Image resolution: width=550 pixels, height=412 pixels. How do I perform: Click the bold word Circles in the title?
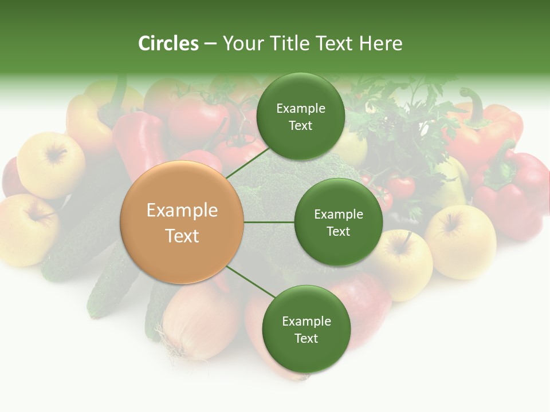(168, 43)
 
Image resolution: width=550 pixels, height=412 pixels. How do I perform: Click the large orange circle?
(182, 222)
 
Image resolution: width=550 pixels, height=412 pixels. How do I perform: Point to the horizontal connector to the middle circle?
(269, 222)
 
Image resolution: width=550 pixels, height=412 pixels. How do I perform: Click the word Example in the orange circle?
(182, 210)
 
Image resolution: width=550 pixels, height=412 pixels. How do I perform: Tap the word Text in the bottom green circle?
(306, 338)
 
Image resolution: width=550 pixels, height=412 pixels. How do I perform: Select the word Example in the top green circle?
(300, 108)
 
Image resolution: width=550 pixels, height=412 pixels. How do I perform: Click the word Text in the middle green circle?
(338, 231)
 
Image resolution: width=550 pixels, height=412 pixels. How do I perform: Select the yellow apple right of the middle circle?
(401, 263)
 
